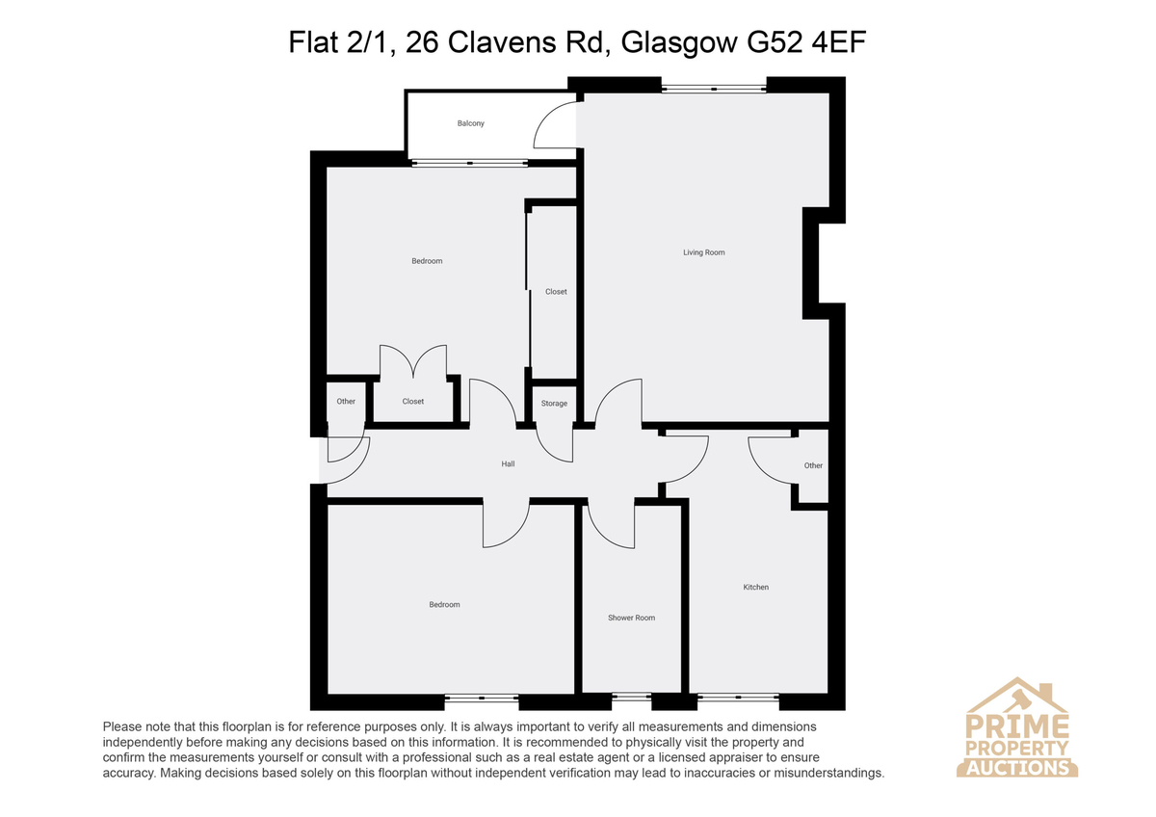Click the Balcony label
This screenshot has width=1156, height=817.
[x=471, y=123]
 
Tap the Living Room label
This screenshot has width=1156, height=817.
[x=704, y=252]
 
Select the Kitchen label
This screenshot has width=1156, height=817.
[x=756, y=587]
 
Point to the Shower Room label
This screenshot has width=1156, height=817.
[x=632, y=618]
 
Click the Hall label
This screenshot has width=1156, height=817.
[x=508, y=464]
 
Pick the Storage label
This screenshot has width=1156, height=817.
[x=554, y=403]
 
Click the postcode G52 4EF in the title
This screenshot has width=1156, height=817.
[x=806, y=42]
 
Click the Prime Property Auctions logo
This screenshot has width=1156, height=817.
[x=1016, y=727]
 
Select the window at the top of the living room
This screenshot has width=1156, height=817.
[x=714, y=89]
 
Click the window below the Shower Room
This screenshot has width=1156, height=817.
[x=632, y=698]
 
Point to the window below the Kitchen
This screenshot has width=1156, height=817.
[x=739, y=698]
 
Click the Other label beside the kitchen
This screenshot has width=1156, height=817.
[x=813, y=465]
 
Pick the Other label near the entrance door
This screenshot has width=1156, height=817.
[x=346, y=401]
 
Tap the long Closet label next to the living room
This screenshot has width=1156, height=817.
[x=557, y=292]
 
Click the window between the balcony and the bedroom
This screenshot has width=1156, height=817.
[x=470, y=163]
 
